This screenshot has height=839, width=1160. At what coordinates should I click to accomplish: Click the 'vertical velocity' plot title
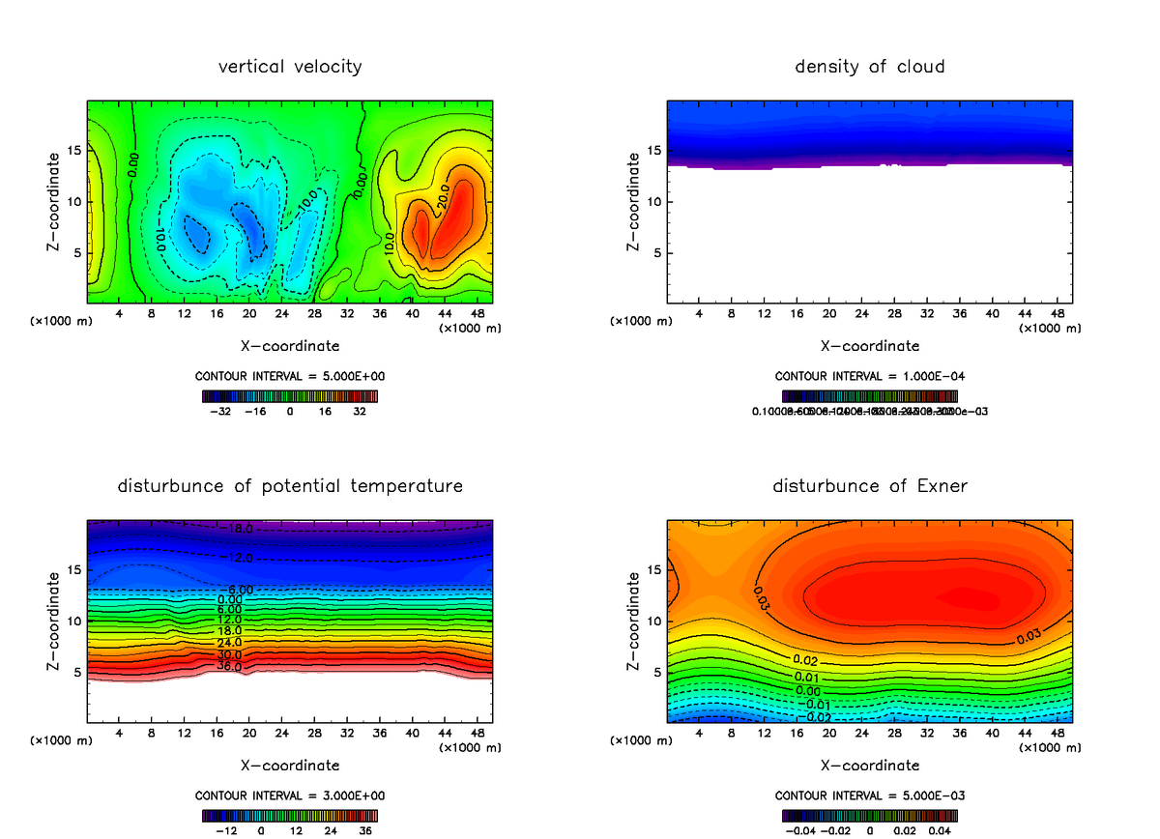pos(290,67)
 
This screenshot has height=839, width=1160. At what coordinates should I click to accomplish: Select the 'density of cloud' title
pos(869,67)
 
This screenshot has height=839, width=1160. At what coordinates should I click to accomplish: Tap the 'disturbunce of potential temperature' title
pos(290,485)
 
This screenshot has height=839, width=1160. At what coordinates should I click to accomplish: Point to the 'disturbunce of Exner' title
pos(869,485)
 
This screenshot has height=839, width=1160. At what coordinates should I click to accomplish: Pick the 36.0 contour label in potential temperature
pos(229,667)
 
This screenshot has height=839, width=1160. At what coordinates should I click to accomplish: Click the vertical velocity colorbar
pos(290,395)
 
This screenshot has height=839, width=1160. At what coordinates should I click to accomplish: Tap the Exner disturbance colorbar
pos(869,815)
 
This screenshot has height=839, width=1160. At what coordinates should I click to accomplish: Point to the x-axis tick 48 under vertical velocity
pos(478,314)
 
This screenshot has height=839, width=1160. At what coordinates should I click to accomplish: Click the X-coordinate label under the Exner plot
pos(869,766)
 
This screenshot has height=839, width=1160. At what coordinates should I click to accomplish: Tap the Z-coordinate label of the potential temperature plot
pos(55,621)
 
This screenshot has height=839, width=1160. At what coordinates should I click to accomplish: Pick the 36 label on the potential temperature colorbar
pos(364,830)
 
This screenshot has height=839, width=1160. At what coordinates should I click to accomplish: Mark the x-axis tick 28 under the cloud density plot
pos(895,314)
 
